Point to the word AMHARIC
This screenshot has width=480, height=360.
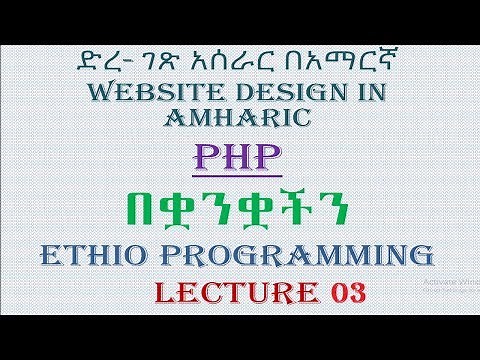[240, 121]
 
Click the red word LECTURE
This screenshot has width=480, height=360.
[237, 295]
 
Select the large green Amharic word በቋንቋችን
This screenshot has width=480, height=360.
[240, 208]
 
